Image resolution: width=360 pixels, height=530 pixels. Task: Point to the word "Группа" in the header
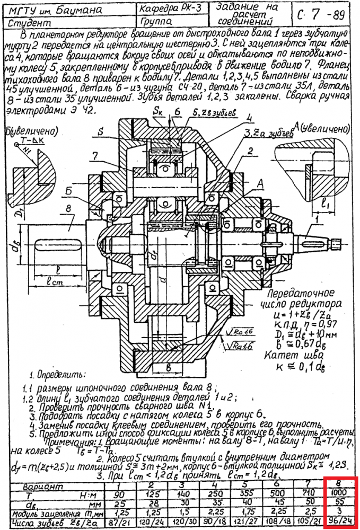pos(159,22)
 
